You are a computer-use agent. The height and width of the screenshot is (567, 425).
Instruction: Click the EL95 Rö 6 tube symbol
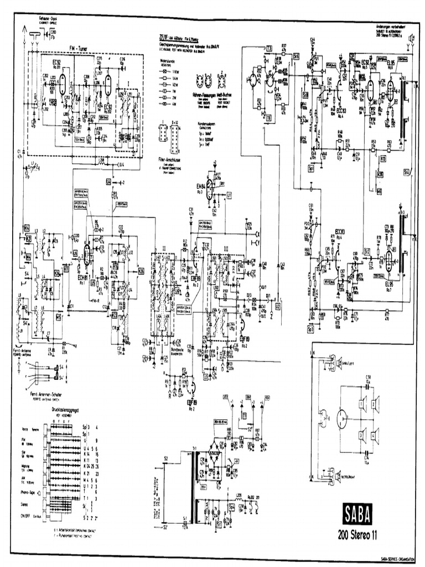391,89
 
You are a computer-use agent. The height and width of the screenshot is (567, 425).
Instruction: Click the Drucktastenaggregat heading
67,410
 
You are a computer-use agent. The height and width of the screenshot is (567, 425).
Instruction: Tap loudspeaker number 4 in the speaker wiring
374,433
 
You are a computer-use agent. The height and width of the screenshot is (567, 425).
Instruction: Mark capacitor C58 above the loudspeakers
368,378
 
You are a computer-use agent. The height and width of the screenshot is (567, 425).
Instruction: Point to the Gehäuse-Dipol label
49,19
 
